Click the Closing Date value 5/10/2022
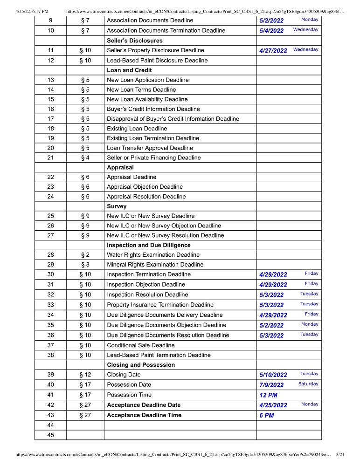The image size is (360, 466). point(273,375)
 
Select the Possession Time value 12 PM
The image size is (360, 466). point(268,395)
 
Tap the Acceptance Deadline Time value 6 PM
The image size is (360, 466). point(266,416)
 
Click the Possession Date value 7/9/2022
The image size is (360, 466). point(271,385)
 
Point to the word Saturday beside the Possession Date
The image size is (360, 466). point(308,384)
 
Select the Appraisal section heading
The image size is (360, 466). point(120,167)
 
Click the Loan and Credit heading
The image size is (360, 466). point(129,70)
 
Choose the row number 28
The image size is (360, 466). point(50,255)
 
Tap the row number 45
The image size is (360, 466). point(50,435)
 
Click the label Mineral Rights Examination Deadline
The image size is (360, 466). point(155,265)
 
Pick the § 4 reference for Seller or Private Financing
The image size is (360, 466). point(85,158)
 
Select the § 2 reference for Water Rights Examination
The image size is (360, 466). point(85,255)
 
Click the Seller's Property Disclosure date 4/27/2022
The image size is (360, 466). point(273,51)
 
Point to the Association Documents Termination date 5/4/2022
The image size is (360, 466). point(271,31)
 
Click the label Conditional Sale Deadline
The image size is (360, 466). point(141,345)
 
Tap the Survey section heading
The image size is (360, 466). point(117,206)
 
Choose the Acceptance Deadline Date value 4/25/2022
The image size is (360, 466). point(273,405)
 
